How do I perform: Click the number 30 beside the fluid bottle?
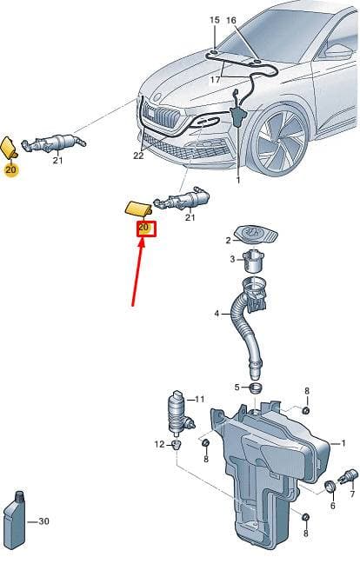tap(43, 521)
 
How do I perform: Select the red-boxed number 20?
tap(143, 227)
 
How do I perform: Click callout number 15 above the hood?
tap(215, 20)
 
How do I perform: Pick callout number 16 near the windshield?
tap(231, 20)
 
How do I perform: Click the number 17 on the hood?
tap(215, 79)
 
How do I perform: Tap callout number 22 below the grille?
tap(138, 156)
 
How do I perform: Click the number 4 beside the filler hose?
tap(217, 314)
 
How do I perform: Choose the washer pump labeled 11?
tap(180, 414)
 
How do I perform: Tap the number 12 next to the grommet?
tap(159, 444)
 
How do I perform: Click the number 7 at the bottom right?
tap(352, 494)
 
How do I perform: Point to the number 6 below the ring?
tap(333, 506)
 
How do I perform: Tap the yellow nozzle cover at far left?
tap(9, 147)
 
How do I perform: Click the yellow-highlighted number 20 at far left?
tap(11, 169)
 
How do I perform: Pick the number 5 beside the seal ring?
tap(237, 388)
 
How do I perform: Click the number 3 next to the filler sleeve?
tap(233, 260)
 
